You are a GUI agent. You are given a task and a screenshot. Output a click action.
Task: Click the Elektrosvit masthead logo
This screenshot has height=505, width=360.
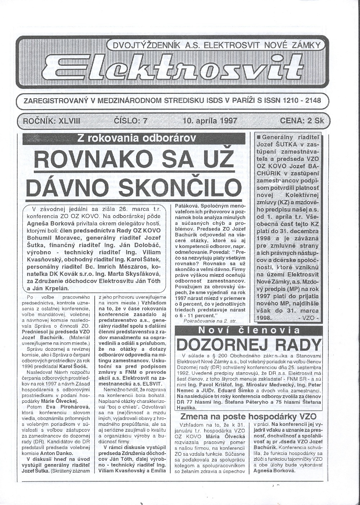(x=172, y=68)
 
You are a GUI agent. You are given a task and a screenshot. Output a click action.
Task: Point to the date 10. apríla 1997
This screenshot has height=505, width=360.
(x=210, y=120)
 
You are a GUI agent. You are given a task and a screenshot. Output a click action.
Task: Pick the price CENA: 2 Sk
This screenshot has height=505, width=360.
(x=303, y=120)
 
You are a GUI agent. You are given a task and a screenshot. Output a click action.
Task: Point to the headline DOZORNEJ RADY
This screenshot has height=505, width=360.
(x=249, y=345)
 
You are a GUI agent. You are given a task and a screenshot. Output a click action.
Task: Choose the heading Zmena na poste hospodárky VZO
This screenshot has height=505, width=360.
(x=248, y=417)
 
